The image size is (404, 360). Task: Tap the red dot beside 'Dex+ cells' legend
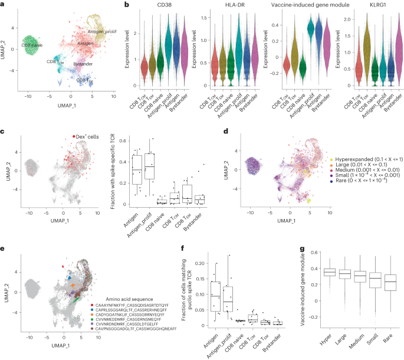coord(74,136)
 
